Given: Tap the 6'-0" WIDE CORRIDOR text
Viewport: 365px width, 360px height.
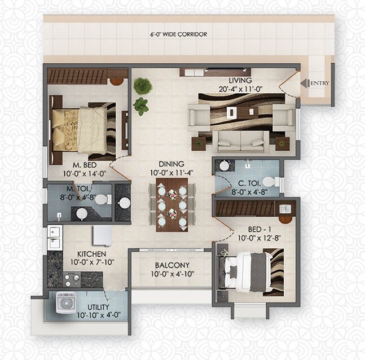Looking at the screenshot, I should (x=178, y=34).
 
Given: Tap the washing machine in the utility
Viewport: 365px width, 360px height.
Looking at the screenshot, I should (x=66, y=303).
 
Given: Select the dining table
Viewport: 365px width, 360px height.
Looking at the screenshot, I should (x=172, y=204).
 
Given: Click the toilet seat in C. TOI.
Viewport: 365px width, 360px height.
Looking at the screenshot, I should (x=270, y=182).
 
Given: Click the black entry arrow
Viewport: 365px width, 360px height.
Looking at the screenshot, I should (x=304, y=84).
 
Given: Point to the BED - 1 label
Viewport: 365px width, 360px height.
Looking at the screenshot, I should (x=260, y=230).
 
